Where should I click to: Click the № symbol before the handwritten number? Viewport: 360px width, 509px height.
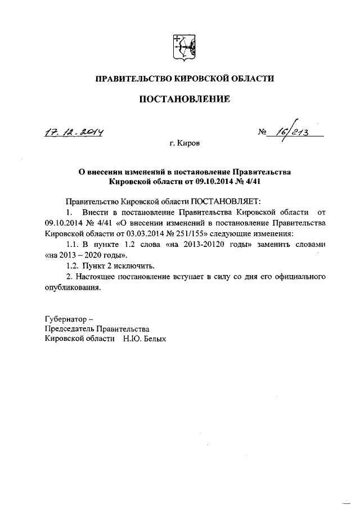tap(262, 134)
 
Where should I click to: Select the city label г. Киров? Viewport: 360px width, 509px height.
tap(184, 145)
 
